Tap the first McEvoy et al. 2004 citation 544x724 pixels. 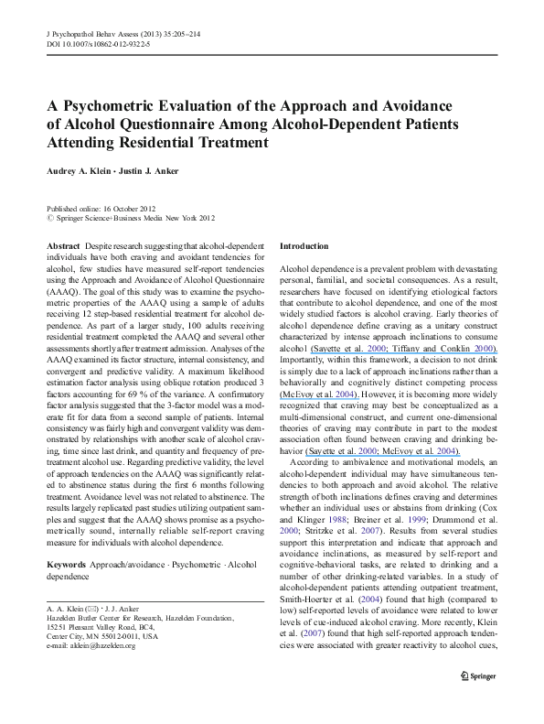coord(312,393)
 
